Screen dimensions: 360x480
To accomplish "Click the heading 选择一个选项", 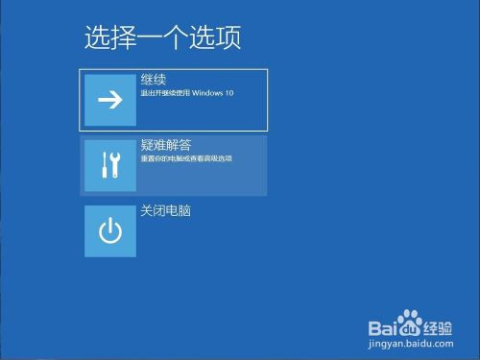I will [161, 37].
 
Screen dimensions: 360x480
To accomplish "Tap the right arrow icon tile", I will [110, 99].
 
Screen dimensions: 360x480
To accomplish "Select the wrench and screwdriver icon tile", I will [110, 164].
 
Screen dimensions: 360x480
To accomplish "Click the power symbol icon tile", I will [110, 230].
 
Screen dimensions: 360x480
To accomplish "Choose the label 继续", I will [154, 81].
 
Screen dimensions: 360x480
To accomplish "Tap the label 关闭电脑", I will [166, 209].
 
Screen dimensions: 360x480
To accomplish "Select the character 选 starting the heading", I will [97, 37].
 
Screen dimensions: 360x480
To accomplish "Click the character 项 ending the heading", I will [227, 37].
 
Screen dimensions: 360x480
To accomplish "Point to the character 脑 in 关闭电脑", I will [184, 209].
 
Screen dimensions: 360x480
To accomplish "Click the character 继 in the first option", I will [147, 81].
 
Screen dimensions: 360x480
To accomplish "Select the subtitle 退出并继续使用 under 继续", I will [168, 93].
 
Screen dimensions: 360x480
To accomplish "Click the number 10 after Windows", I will [228, 93].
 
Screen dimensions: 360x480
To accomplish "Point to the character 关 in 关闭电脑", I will [147, 209].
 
